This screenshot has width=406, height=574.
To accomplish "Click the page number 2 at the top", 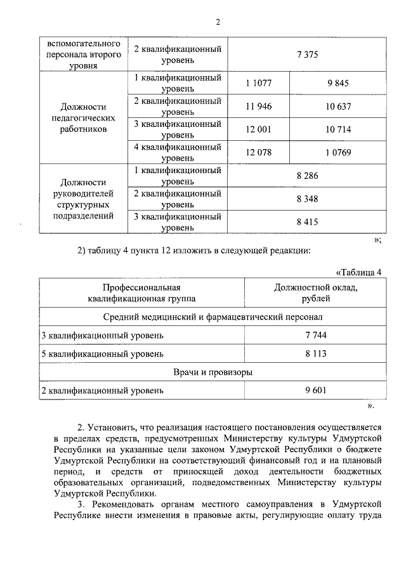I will click(217, 22).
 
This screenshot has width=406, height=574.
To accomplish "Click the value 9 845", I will click(338, 82).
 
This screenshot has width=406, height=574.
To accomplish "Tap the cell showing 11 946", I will click(258, 106).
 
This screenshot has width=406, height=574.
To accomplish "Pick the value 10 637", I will click(338, 106).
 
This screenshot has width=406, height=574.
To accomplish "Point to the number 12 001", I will click(258, 129).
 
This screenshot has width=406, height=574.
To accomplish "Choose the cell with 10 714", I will click(338, 129).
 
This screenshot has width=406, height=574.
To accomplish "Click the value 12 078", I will click(258, 152).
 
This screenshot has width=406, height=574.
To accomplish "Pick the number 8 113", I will click(315, 353).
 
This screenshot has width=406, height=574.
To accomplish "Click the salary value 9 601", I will click(315, 391).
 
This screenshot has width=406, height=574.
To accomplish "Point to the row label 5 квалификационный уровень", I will click(102, 353).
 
